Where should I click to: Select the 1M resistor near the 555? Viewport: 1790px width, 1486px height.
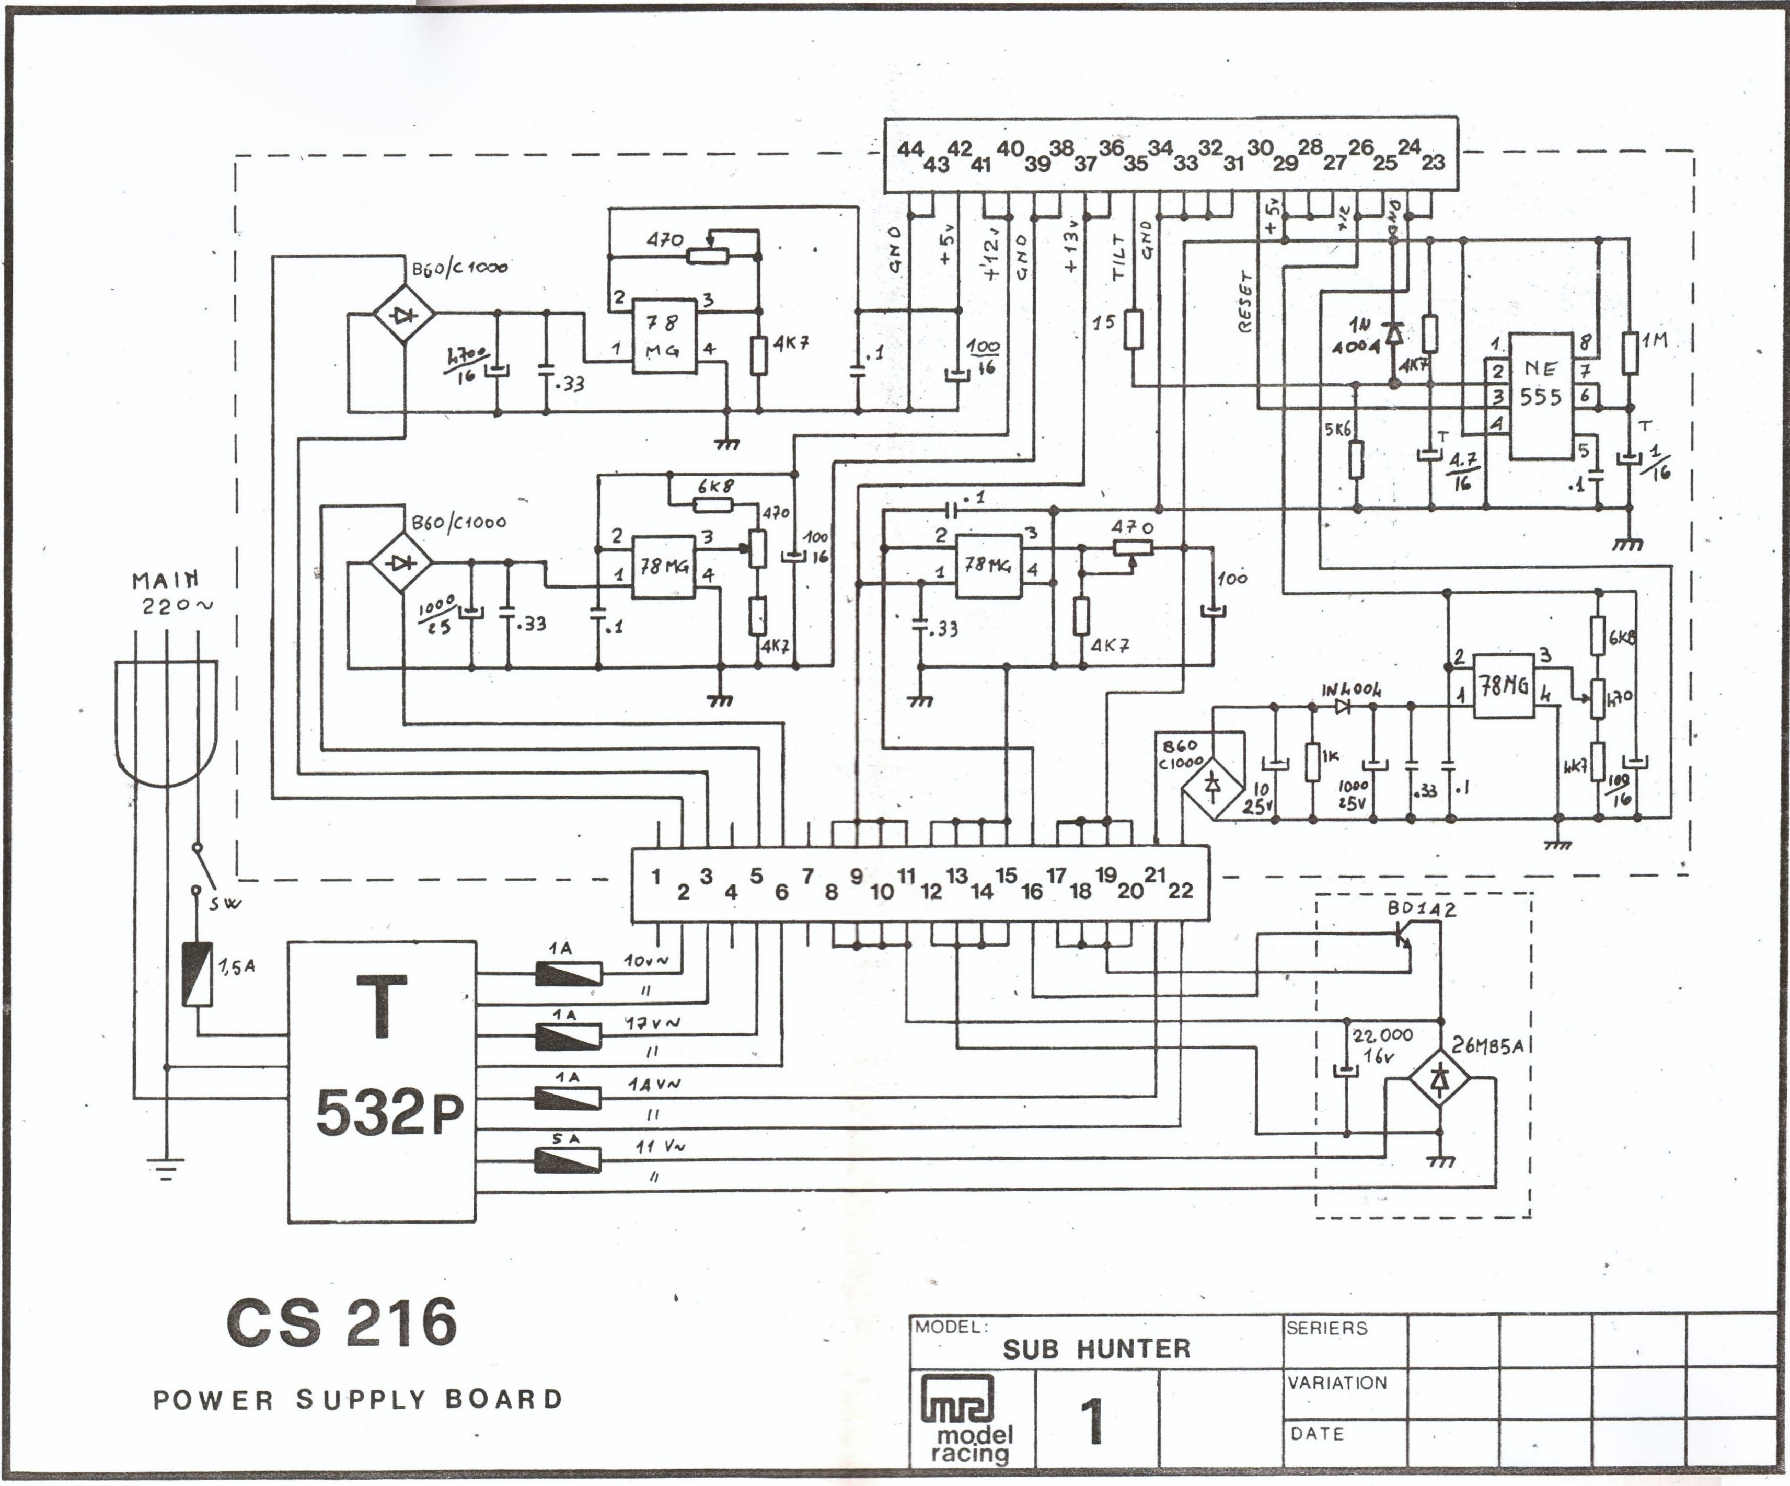(1630, 352)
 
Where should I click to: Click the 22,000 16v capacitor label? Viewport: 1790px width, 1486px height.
(1382, 1044)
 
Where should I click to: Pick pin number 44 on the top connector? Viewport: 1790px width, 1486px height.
(909, 149)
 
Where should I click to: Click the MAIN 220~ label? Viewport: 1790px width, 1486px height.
(170, 593)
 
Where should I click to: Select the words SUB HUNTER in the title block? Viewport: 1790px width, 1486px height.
(1096, 1349)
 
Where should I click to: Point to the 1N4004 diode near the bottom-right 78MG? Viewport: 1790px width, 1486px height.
(1343, 706)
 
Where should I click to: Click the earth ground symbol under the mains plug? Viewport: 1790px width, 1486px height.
(165, 1168)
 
